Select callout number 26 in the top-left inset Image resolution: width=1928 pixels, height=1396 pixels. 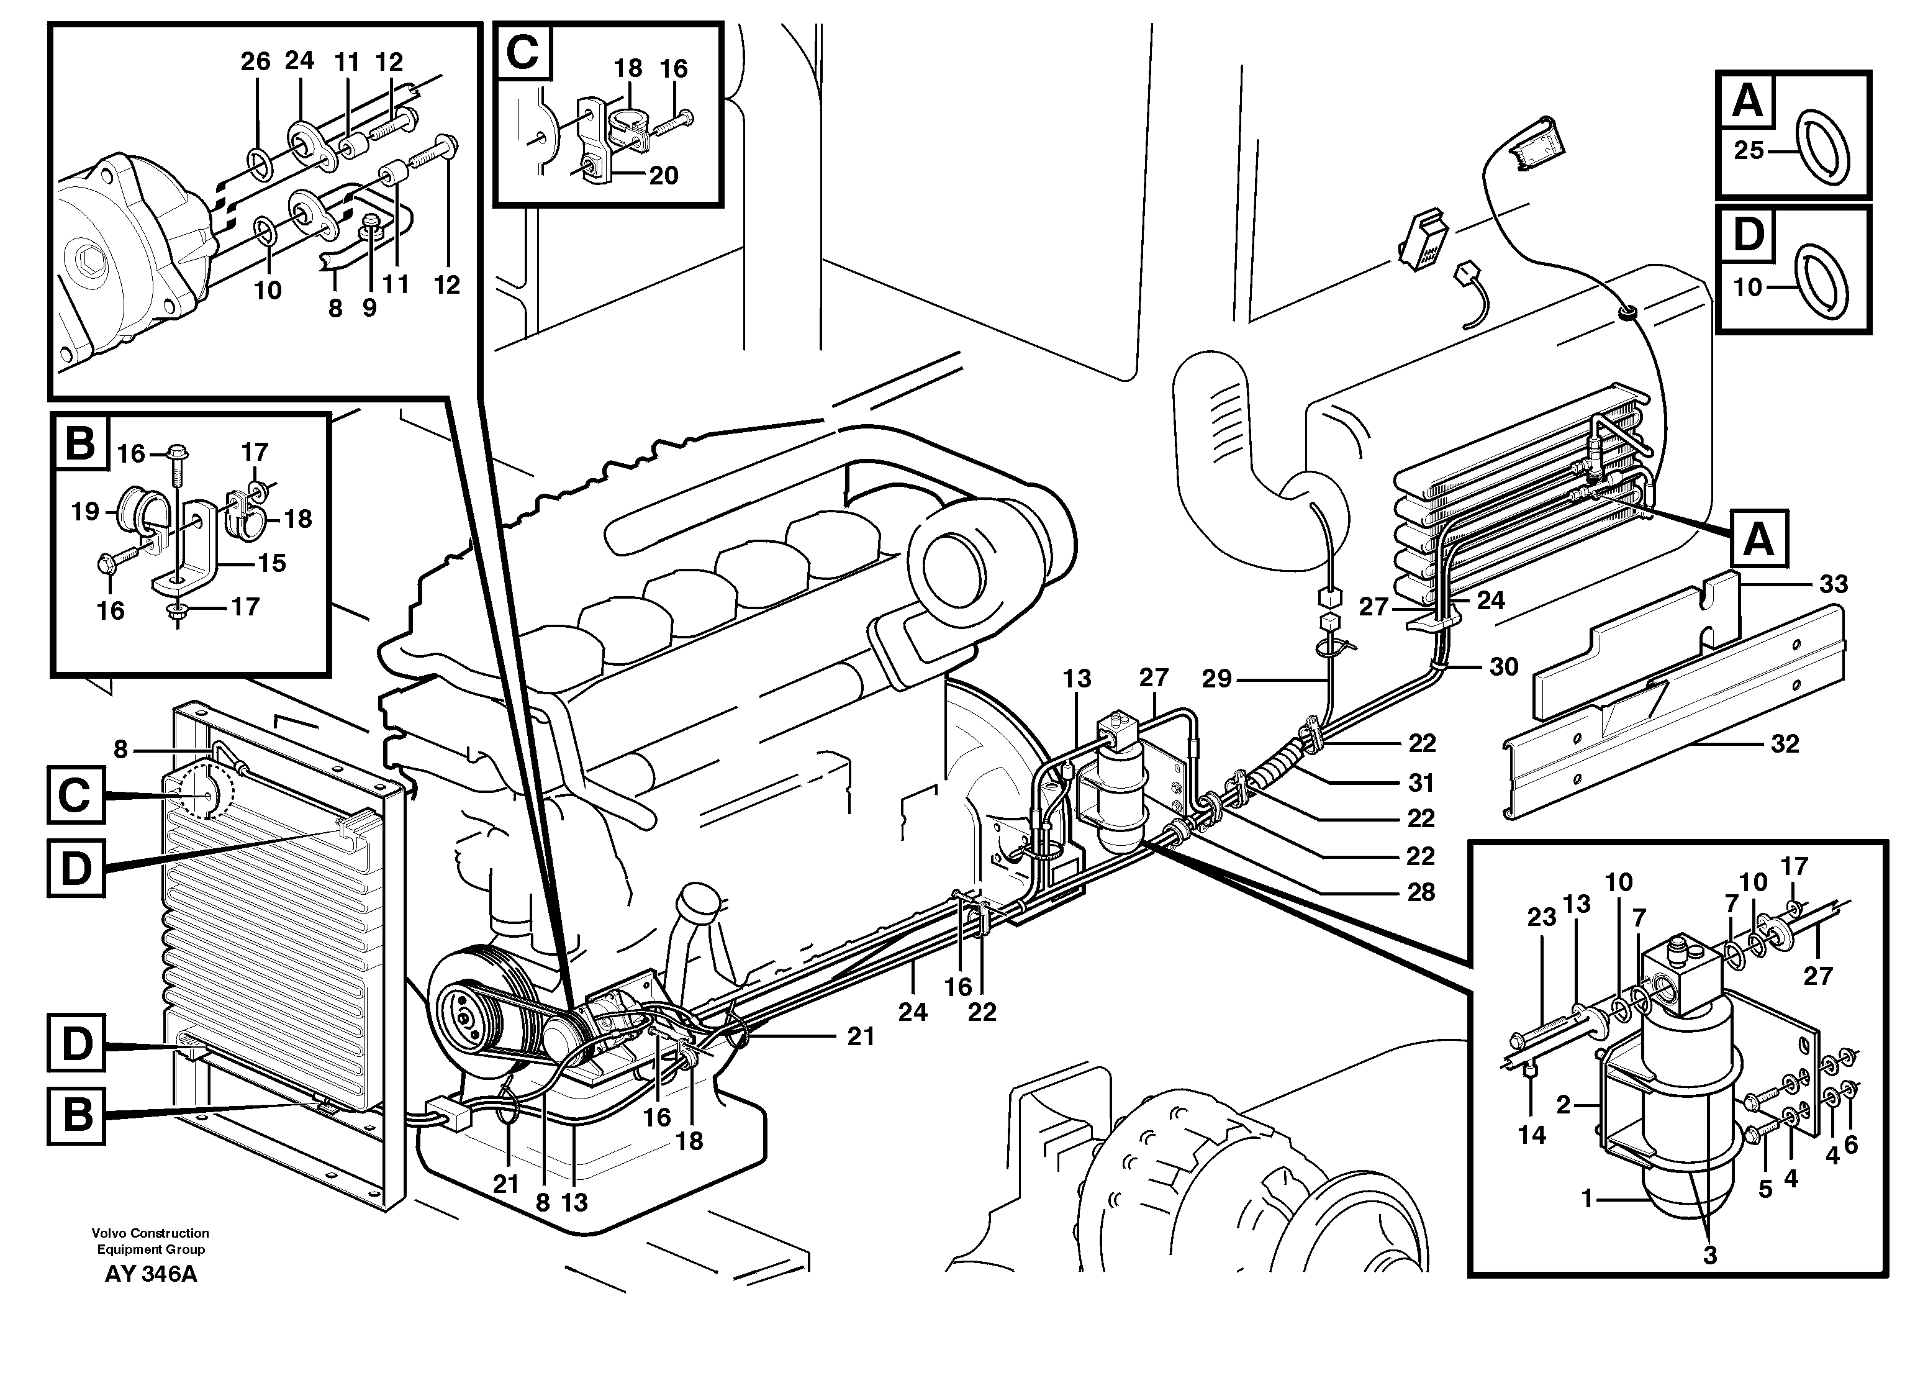[255, 61]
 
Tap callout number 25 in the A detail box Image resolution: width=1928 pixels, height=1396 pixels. [1750, 150]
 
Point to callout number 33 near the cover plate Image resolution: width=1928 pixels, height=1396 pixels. [1834, 584]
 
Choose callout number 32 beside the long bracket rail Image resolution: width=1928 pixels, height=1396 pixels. [1785, 744]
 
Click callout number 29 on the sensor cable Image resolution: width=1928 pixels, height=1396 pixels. [1216, 679]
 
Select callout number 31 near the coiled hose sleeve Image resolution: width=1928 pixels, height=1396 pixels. [1421, 782]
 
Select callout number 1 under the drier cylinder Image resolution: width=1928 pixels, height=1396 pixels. [1586, 1199]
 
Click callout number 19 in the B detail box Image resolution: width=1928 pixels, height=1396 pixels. [85, 511]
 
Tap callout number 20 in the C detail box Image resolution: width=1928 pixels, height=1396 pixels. [664, 175]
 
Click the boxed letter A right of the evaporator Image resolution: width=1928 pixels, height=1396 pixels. [1758, 538]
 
